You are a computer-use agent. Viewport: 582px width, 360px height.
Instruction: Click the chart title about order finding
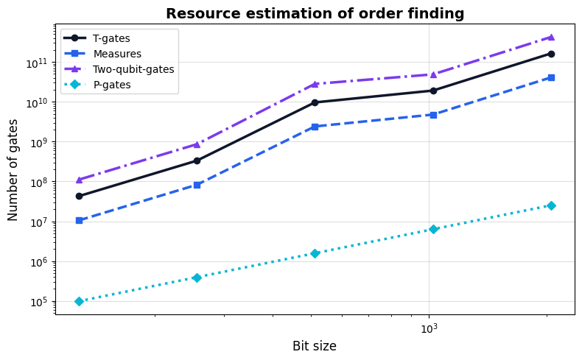[x=315, y=13]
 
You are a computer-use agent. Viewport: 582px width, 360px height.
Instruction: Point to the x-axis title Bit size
[x=315, y=346]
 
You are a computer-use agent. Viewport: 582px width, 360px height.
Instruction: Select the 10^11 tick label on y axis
[x=36, y=63]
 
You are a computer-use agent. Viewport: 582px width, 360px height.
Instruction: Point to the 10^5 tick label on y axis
[x=36, y=302]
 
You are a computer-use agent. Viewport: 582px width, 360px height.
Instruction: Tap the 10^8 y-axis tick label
[x=36, y=182]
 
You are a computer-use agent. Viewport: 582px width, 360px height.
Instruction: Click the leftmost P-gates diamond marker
[x=79, y=301]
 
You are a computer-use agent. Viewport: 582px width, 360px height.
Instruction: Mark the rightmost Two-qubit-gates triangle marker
[x=551, y=37]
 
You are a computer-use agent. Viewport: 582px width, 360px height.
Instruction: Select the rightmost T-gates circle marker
[x=551, y=54]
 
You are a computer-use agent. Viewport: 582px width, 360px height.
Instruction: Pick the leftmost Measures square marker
[x=79, y=220]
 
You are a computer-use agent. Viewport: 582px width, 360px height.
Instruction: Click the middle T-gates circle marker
[x=315, y=102]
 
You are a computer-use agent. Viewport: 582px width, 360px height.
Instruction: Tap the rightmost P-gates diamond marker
[x=551, y=205]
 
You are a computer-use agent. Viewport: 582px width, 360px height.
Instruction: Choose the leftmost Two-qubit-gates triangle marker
[x=79, y=180]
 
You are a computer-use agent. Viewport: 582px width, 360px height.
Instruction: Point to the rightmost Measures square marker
[x=551, y=77]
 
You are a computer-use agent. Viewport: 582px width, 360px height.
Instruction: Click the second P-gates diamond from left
[x=197, y=278]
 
